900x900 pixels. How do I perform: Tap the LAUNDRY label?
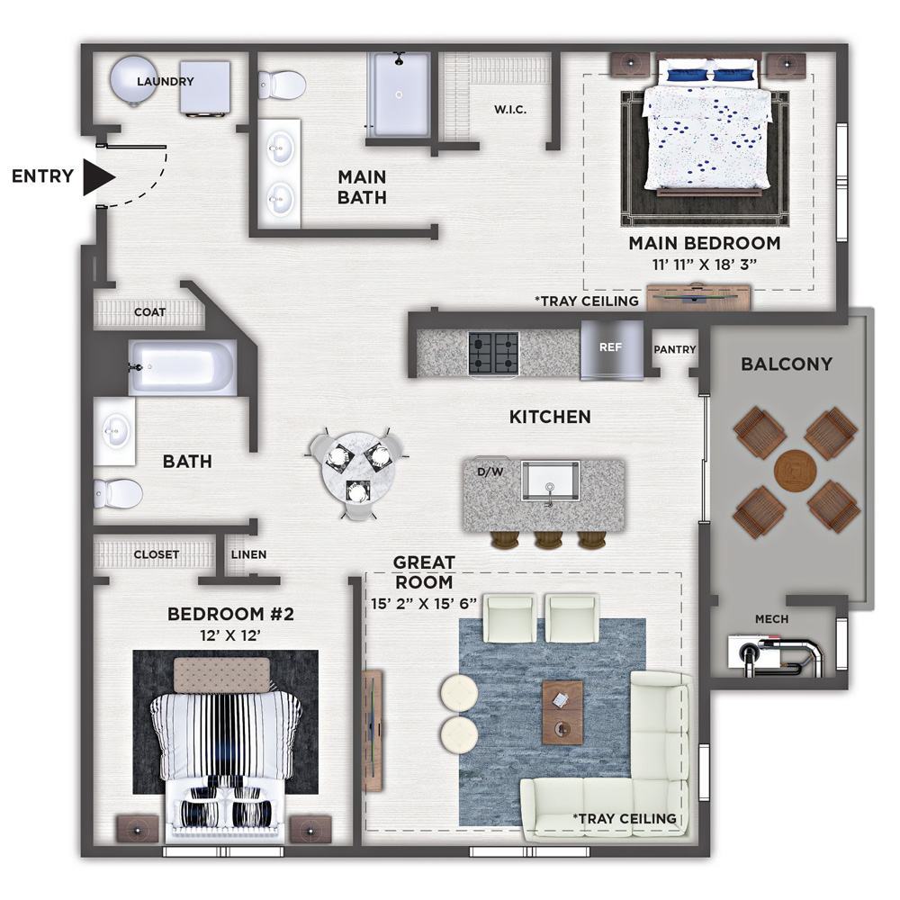[x=166, y=82]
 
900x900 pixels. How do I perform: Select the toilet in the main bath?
[x=281, y=85]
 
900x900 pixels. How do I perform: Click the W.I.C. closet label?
[x=510, y=109]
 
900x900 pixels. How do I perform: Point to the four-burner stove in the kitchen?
[x=493, y=353]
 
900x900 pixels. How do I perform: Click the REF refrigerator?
[x=612, y=350]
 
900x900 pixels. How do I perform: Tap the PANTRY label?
[x=674, y=349]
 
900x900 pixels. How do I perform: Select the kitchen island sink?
[x=551, y=481]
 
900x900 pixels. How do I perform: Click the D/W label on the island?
[x=490, y=472]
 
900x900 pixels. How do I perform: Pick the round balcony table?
[x=795, y=472]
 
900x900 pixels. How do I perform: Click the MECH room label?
[x=771, y=619]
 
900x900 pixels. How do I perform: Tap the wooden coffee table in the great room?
[x=562, y=712]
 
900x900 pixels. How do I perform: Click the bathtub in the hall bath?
[x=182, y=367]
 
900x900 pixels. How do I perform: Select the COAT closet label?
[x=149, y=312]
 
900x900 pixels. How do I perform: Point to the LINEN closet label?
[x=248, y=554]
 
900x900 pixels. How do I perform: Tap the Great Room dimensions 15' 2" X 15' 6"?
[x=424, y=604]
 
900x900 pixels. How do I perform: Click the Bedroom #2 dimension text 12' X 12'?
[x=230, y=635]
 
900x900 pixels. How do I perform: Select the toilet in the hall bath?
[x=118, y=493]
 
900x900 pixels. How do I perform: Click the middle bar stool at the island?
[x=548, y=539]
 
